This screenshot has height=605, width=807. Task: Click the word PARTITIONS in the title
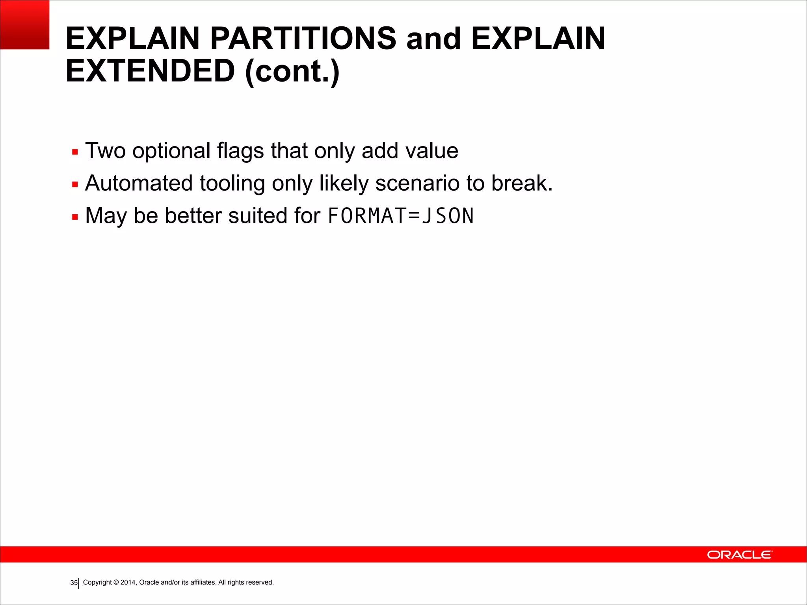[303, 39]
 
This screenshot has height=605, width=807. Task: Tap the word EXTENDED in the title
[150, 71]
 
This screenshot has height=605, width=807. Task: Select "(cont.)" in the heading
[292, 72]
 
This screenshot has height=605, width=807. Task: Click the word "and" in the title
[433, 39]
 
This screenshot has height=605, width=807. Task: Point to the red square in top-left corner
[24, 24]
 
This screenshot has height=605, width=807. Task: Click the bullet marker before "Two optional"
[75, 152]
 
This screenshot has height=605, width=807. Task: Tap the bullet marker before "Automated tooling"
[75, 184]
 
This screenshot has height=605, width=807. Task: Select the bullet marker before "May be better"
[75, 217]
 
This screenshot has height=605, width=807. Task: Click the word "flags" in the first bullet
[240, 151]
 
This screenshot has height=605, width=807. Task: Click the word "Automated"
[139, 183]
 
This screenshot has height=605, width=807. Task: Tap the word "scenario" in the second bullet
[417, 183]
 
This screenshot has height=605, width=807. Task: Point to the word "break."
[522, 183]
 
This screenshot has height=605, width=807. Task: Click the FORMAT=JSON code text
[401, 216]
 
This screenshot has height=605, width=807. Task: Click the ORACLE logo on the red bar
[739, 555]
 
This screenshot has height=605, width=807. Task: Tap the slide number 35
[74, 583]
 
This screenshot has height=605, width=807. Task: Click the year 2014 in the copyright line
[128, 582]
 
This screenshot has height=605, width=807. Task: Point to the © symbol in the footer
[116, 582]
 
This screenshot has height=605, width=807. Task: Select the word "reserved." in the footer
[260, 582]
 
